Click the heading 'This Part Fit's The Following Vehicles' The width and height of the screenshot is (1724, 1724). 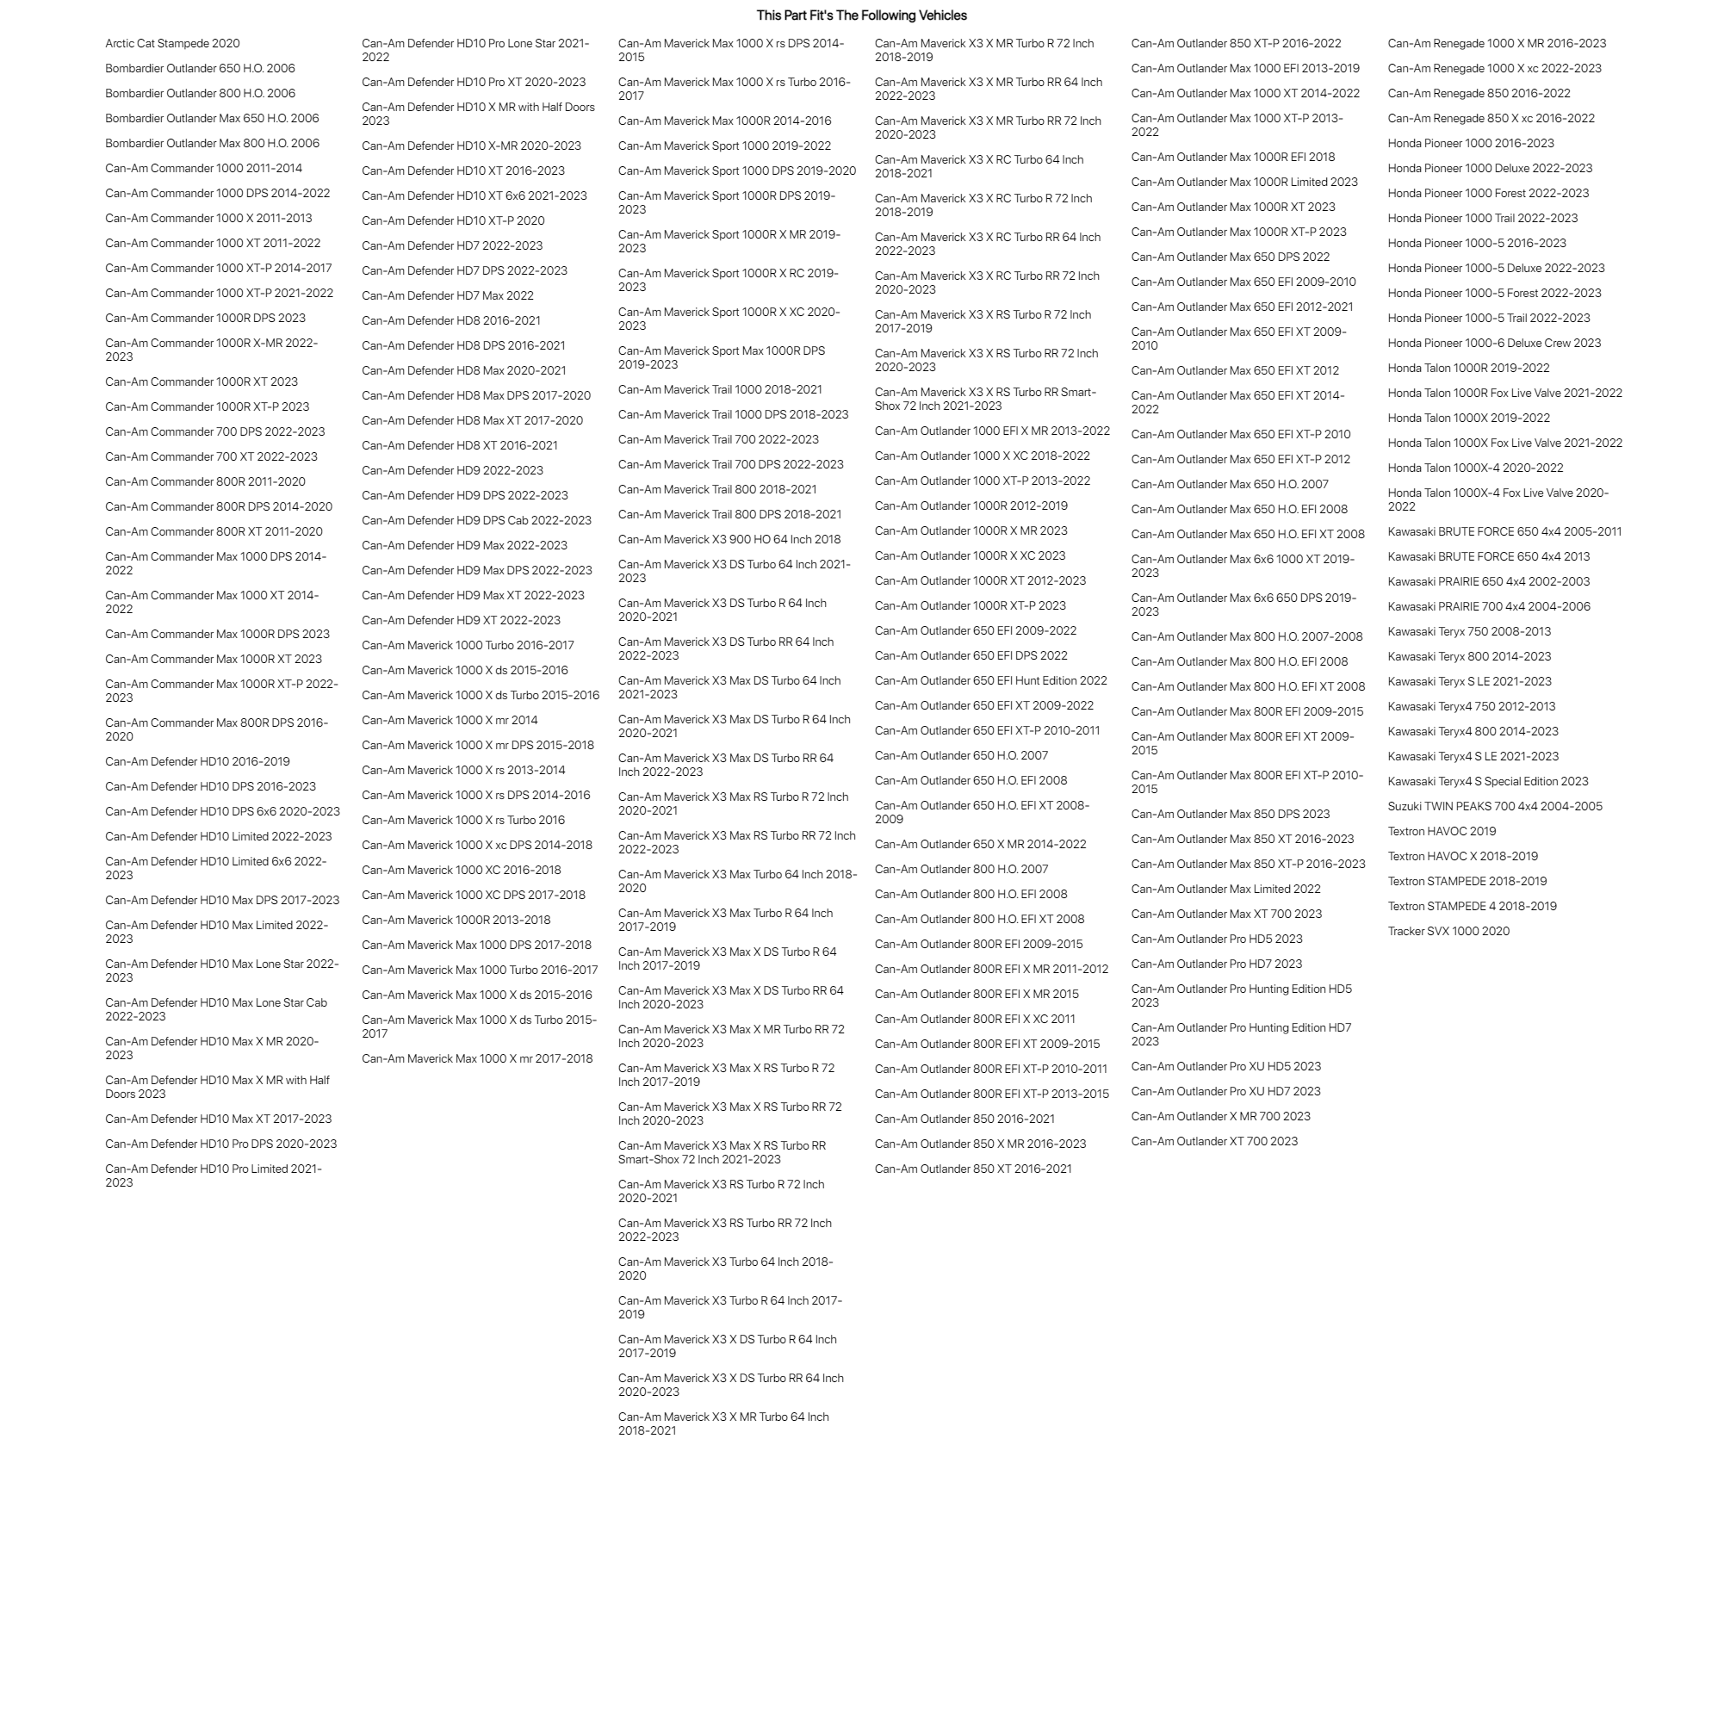click(861, 16)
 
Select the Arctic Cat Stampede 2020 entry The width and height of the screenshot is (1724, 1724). click(172, 44)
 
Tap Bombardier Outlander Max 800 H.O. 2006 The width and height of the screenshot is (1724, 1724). click(212, 144)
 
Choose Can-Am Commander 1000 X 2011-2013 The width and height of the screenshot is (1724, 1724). click(208, 219)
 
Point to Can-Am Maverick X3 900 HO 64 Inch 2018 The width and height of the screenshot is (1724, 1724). click(729, 540)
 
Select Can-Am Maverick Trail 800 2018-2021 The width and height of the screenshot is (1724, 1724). click(716, 490)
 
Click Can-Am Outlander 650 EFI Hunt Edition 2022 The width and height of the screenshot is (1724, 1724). click(990, 681)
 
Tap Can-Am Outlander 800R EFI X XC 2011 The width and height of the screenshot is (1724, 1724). click(975, 1020)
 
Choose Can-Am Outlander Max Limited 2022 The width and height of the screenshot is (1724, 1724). click(1225, 890)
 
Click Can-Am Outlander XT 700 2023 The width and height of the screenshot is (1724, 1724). click(1213, 1142)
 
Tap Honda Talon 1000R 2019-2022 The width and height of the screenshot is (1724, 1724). click(1468, 369)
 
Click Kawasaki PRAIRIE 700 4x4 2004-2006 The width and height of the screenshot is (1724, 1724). click(1488, 607)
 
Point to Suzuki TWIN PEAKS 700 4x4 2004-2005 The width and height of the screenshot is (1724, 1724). click(1495, 807)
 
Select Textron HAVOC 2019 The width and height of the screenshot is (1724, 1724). click(1442, 832)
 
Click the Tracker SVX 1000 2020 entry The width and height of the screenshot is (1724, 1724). click(1448, 932)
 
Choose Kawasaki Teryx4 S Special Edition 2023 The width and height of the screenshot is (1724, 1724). click(1487, 782)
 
